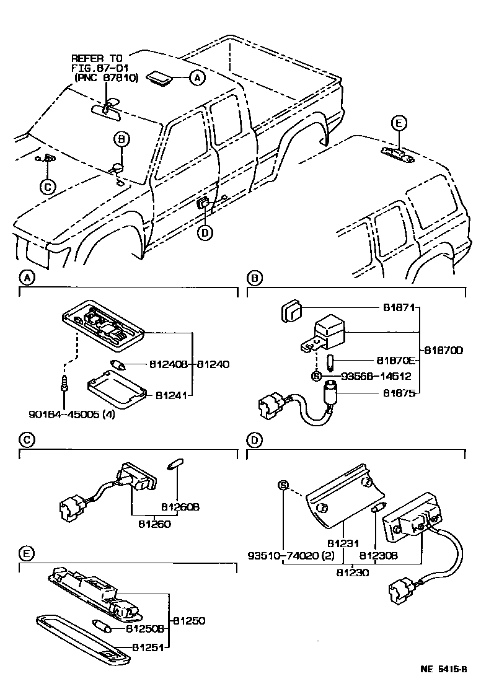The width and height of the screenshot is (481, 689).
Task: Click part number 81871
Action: (394, 307)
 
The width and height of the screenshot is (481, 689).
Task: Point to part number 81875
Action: (394, 392)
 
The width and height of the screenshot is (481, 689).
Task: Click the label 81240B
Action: (170, 364)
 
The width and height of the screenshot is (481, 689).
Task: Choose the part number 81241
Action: (172, 394)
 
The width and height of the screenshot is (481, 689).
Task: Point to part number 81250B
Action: (146, 629)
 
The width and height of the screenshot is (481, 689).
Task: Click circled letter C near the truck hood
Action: (47, 186)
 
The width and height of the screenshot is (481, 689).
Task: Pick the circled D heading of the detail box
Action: (252, 441)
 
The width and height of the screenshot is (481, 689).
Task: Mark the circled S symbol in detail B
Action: (316, 376)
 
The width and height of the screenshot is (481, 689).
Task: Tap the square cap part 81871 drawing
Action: (291, 310)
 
